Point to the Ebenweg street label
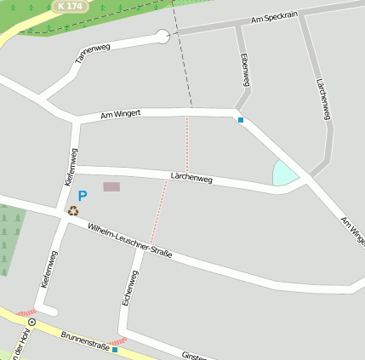pos(245,70)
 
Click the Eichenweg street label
pos(128,288)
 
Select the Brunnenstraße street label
pos(84,340)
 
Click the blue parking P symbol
pos(83,196)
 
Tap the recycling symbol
pos(73,211)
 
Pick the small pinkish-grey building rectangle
pos(111,186)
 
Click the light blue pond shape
pos(284,174)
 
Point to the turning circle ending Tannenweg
pos(163,36)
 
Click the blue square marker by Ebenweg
pos(241,120)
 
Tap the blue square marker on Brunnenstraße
pos(115,349)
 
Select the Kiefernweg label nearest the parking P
pos(71,167)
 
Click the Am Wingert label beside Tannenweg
pos(120,113)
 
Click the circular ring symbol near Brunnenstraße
pos(31,323)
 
